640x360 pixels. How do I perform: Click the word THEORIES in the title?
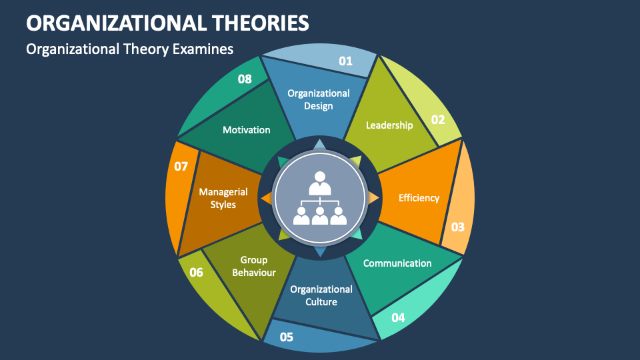(x=261, y=23)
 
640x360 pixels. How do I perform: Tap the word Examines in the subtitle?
(x=203, y=49)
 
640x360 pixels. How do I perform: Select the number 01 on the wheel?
(x=345, y=61)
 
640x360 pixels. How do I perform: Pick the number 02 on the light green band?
(x=438, y=119)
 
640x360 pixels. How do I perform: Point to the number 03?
(x=457, y=227)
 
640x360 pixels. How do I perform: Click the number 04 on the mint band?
(x=398, y=317)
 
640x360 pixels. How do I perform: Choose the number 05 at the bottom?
(x=287, y=337)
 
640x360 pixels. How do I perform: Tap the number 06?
(x=196, y=272)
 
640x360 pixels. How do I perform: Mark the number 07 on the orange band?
(x=181, y=166)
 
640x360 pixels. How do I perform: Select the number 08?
(x=245, y=79)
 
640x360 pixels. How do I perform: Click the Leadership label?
(x=389, y=125)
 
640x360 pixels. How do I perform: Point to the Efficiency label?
(x=419, y=198)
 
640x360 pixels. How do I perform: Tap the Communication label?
(x=397, y=263)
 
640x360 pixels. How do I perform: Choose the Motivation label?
(x=247, y=130)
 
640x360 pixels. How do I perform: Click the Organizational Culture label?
(x=321, y=295)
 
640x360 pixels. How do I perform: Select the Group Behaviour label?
(x=254, y=266)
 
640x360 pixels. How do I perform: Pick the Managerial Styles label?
(x=223, y=198)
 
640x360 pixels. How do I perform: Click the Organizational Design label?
(x=319, y=99)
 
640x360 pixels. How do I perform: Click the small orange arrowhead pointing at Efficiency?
(x=373, y=198)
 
